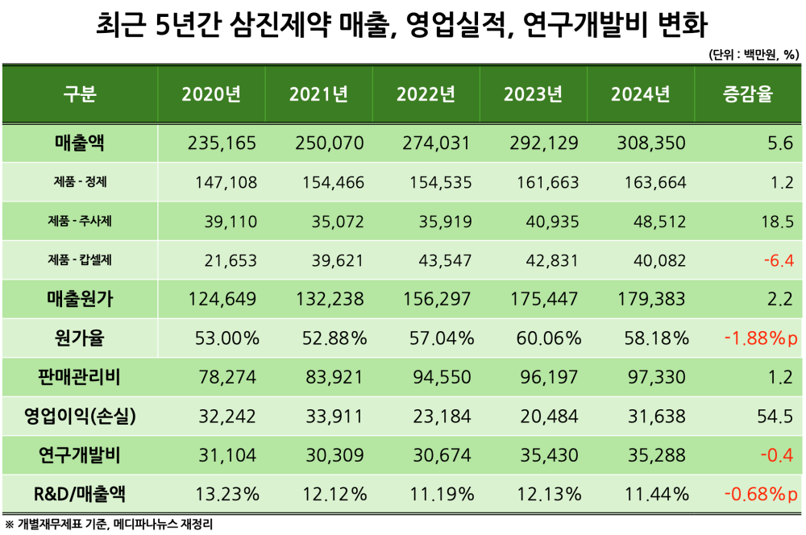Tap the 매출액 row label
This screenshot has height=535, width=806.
point(80,143)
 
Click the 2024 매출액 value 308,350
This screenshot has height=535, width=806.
point(648,143)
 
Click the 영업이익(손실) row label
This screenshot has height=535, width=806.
point(80,416)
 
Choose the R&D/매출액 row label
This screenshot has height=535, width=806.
point(80,493)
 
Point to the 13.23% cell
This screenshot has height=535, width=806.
point(227,494)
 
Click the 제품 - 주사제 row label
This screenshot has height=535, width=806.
point(80,221)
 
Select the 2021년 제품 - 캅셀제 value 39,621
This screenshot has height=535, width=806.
point(337,260)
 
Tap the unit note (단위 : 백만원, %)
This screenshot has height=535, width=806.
point(753,55)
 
